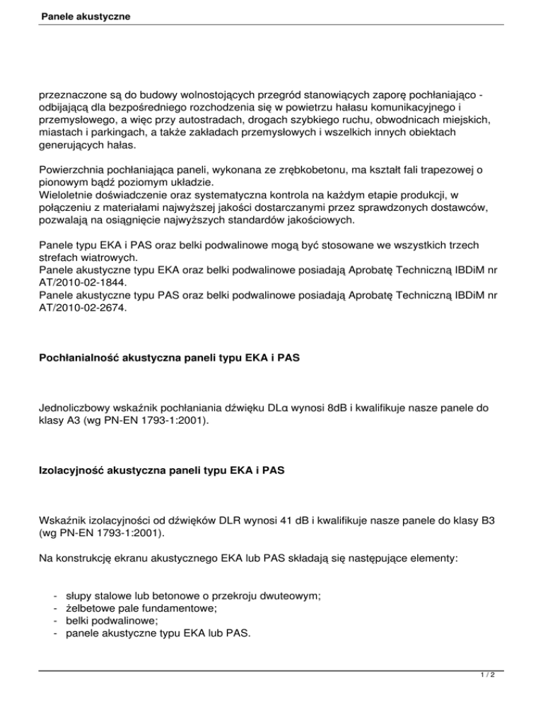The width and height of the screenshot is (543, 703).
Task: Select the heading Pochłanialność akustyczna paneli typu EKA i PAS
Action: [x=170, y=359]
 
